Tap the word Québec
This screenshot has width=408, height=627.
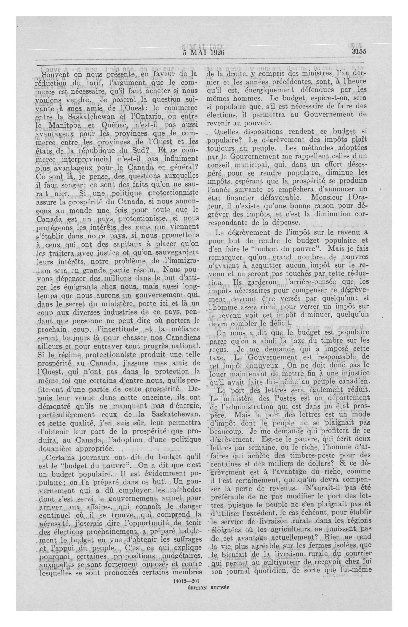click(x=110, y=125)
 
